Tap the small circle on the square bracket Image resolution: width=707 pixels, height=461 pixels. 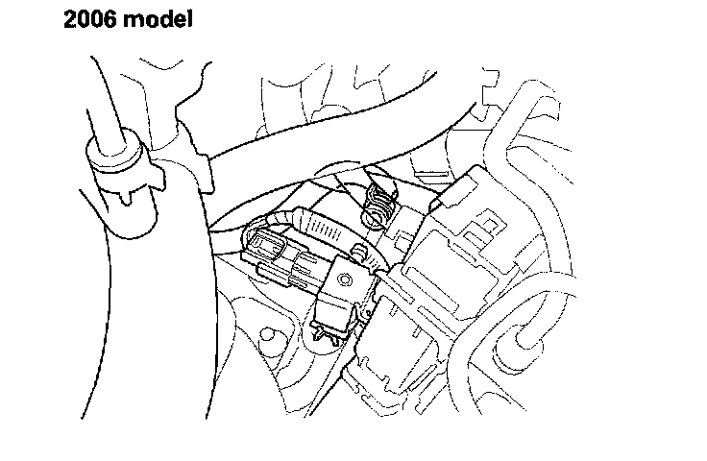349,279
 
